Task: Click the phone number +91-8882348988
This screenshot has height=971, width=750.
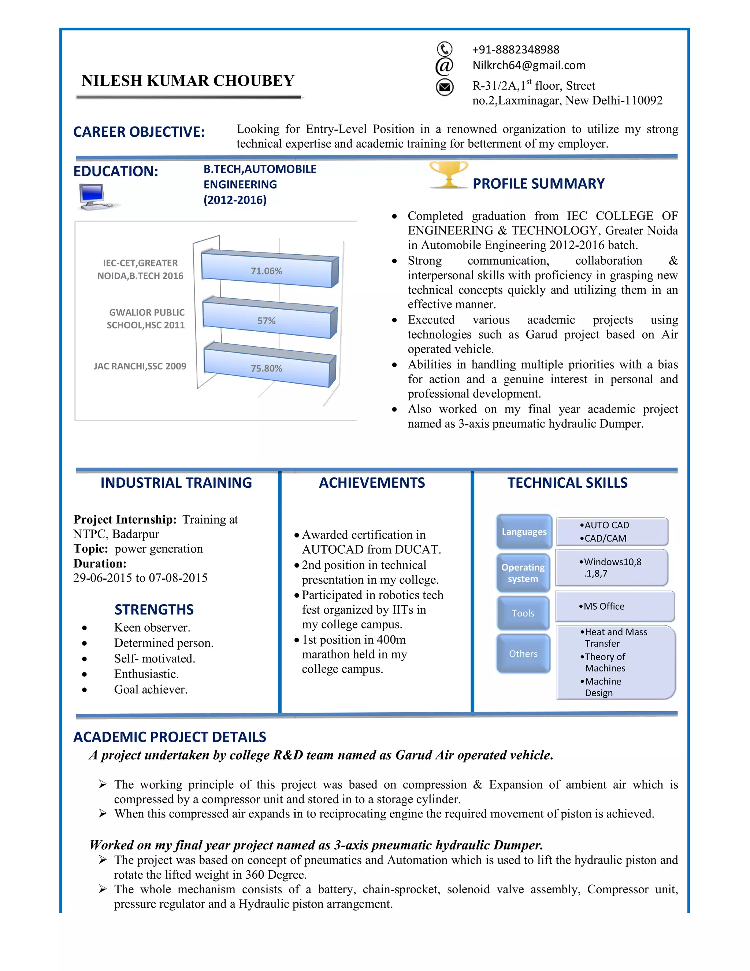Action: tap(515, 49)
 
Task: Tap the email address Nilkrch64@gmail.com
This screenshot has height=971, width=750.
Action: tap(529, 65)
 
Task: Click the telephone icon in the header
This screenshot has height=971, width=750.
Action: tap(444, 49)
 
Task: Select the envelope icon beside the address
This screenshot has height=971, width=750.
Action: tap(444, 87)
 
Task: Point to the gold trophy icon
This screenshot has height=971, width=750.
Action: tap(448, 174)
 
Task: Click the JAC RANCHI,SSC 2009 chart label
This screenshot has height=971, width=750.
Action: tap(140, 366)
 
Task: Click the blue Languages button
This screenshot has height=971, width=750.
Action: tap(524, 532)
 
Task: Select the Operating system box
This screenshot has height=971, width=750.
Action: tap(523, 573)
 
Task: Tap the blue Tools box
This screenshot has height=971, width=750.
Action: tap(523, 613)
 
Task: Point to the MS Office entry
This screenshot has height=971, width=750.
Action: tap(602, 606)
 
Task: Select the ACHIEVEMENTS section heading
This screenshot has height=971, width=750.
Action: tap(372, 483)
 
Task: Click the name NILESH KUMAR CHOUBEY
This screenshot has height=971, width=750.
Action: tap(188, 81)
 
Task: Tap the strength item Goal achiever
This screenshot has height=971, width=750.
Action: tap(151, 690)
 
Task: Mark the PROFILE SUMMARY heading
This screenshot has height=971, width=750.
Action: tap(538, 184)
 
